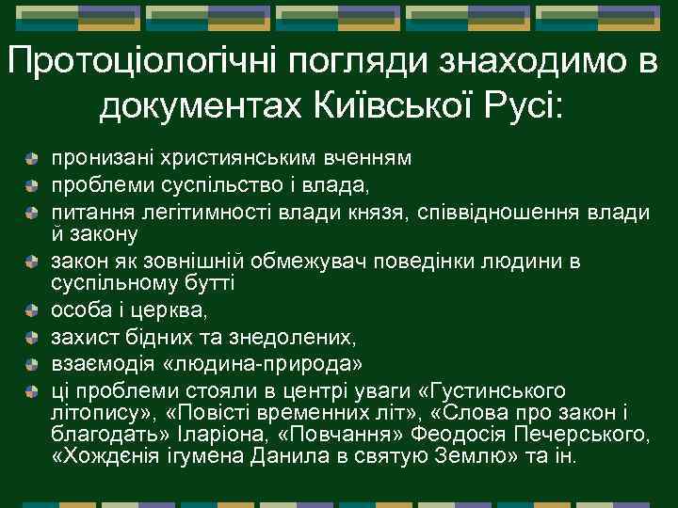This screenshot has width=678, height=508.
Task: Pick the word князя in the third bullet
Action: (x=378, y=214)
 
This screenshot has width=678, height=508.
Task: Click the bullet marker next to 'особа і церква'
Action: (x=32, y=310)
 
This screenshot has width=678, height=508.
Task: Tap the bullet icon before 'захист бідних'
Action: (x=32, y=335)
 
